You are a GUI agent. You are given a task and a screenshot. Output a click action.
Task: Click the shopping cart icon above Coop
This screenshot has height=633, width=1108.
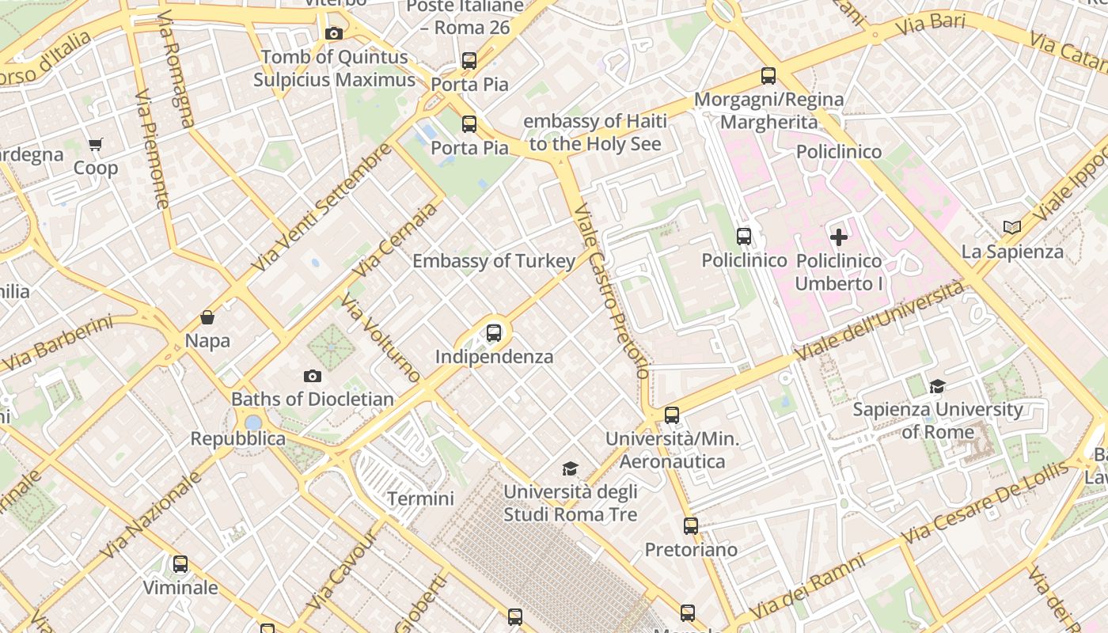click(x=96, y=144)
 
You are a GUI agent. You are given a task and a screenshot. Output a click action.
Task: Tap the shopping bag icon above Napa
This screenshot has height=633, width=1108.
click(x=207, y=317)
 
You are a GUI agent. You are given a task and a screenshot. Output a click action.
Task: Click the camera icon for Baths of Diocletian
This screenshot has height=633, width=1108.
click(x=313, y=376)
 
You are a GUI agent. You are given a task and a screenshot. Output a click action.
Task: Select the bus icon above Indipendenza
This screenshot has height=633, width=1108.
click(x=494, y=332)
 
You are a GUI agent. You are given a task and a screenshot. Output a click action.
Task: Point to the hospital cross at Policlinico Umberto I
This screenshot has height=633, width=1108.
click(x=838, y=237)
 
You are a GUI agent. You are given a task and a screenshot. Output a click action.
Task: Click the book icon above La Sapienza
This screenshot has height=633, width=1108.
click(x=1011, y=228)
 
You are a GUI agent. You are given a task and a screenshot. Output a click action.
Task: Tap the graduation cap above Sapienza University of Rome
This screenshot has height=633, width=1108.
click(x=938, y=386)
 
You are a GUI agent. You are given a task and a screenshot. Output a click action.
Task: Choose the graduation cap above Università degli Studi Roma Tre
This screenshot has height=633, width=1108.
click(x=570, y=469)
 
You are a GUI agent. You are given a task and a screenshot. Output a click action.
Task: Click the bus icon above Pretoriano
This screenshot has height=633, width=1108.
click(x=691, y=525)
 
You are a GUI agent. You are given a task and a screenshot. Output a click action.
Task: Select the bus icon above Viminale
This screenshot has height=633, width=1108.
click(x=180, y=564)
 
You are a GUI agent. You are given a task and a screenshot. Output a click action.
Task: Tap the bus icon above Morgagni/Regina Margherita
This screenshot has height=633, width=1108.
click(x=768, y=76)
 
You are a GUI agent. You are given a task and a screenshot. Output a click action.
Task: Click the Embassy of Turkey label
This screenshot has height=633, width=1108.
click(x=494, y=261)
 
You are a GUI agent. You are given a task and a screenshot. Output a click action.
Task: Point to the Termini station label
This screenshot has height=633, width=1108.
click(x=420, y=498)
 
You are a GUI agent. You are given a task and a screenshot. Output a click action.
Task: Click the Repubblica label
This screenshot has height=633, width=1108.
click(x=237, y=438)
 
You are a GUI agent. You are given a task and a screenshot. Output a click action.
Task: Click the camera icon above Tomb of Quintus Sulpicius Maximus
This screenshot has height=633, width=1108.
click(x=334, y=33)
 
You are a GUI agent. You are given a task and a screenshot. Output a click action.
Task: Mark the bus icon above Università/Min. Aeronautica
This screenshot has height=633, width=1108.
click(x=672, y=415)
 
